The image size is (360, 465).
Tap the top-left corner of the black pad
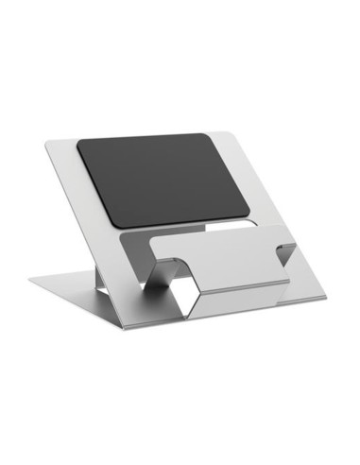tap(79, 142)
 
